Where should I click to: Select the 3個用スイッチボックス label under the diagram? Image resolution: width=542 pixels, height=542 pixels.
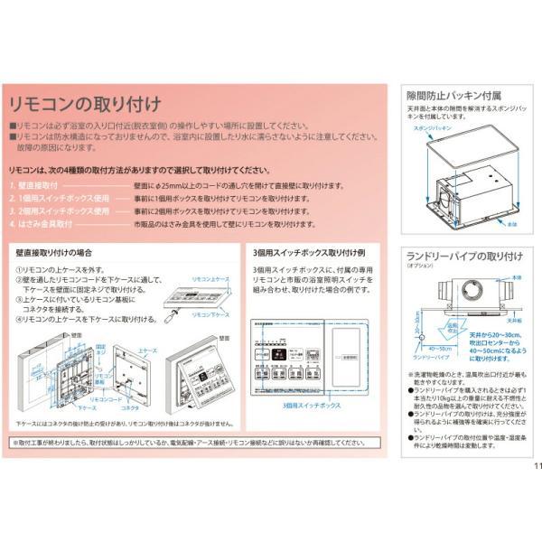tap(310, 406)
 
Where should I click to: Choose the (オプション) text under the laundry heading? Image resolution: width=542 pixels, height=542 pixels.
tap(420, 266)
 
